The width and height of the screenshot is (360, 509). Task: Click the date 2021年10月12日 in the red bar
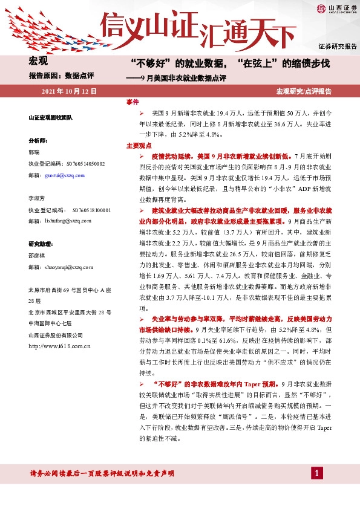click(x=70, y=91)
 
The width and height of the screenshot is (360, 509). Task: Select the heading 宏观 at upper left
click(x=39, y=61)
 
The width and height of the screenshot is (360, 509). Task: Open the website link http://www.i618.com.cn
click(x=59, y=346)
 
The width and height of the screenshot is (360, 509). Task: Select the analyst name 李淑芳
click(x=36, y=198)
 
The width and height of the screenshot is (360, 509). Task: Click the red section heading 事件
click(x=133, y=102)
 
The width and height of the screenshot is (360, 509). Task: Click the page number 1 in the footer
click(x=316, y=473)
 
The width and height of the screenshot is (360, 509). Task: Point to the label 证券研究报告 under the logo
click(x=337, y=46)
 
